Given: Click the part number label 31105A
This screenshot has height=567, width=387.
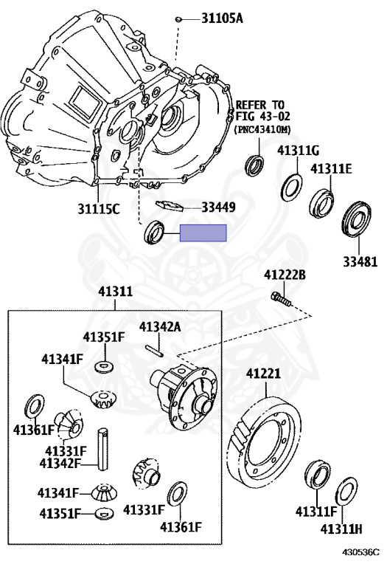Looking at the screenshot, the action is coord(222,18).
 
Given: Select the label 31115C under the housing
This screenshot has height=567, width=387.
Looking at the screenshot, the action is coord(99,209).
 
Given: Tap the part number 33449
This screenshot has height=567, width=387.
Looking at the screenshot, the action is coord(218,207).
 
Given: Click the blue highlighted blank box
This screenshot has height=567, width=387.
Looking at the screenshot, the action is coord(203,233).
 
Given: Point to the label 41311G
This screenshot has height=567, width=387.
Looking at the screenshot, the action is coord(299,151).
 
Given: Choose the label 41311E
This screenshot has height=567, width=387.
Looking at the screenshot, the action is coord(331,169).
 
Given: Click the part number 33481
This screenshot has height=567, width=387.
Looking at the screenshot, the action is coord(360,261).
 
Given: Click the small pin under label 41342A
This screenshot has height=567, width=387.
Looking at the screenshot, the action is coord(155,351).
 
